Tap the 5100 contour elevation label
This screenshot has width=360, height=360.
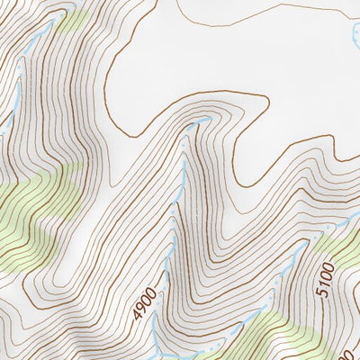(325, 279)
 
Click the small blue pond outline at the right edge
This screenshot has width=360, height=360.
(353, 40)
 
